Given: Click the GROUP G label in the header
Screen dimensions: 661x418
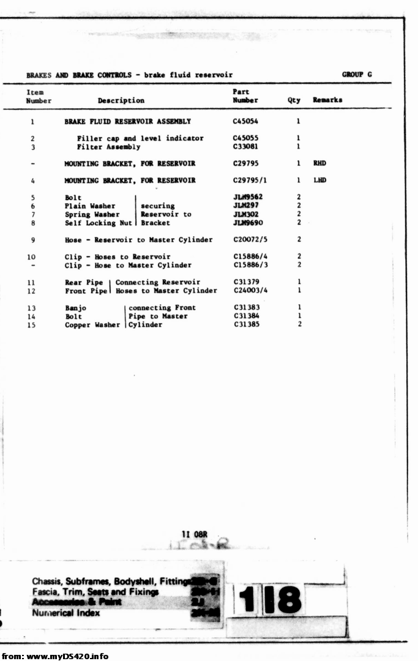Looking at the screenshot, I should pyautogui.click(x=357, y=75).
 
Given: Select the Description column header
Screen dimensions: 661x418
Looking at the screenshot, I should pyautogui.click(x=121, y=100).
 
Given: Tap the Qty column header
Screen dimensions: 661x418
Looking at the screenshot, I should pyautogui.click(x=294, y=100).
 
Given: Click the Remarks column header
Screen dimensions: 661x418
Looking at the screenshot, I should pyautogui.click(x=327, y=100).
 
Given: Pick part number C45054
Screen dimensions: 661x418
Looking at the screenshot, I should pyautogui.click(x=245, y=122).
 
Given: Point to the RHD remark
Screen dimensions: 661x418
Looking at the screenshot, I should pyautogui.click(x=319, y=164).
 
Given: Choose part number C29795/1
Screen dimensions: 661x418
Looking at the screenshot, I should pyautogui.click(x=250, y=181).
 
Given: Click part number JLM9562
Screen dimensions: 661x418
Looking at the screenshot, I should pyautogui.click(x=248, y=198).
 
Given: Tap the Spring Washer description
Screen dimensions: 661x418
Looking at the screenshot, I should pyautogui.click(x=92, y=215).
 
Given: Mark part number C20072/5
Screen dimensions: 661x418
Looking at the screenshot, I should pyautogui.click(x=250, y=240).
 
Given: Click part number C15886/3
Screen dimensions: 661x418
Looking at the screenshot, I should pyautogui.click(x=250, y=266).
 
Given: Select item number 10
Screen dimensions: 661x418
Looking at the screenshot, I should pyautogui.click(x=31, y=257).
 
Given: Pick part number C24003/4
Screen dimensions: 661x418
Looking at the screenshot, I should pyautogui.click(x=250, y=291).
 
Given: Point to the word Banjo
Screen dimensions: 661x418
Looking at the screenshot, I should pyautogui.click(x=76, y=308).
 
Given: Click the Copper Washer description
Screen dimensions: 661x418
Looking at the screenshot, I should pyautogui.click(x=92, y=325).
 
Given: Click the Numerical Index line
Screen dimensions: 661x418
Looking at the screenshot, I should pyautogui.click(x=66, y=613).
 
